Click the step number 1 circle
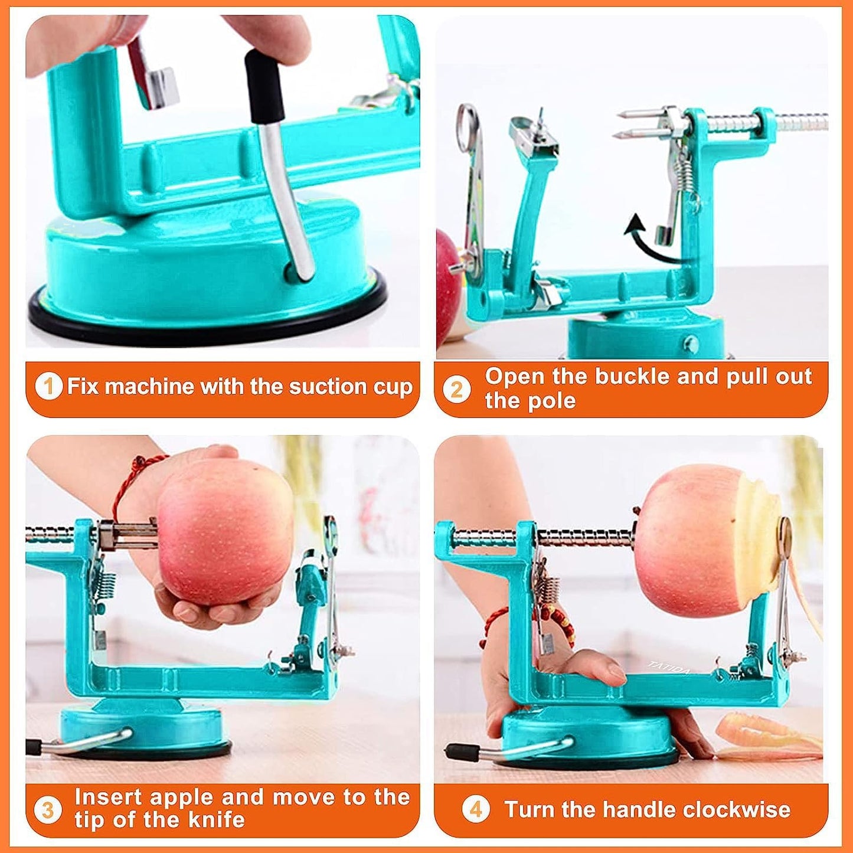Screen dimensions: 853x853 [48, 387]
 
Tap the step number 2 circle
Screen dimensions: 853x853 [457, 390]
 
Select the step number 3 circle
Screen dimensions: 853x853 [48, 809]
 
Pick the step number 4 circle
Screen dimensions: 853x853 [475, 809]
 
